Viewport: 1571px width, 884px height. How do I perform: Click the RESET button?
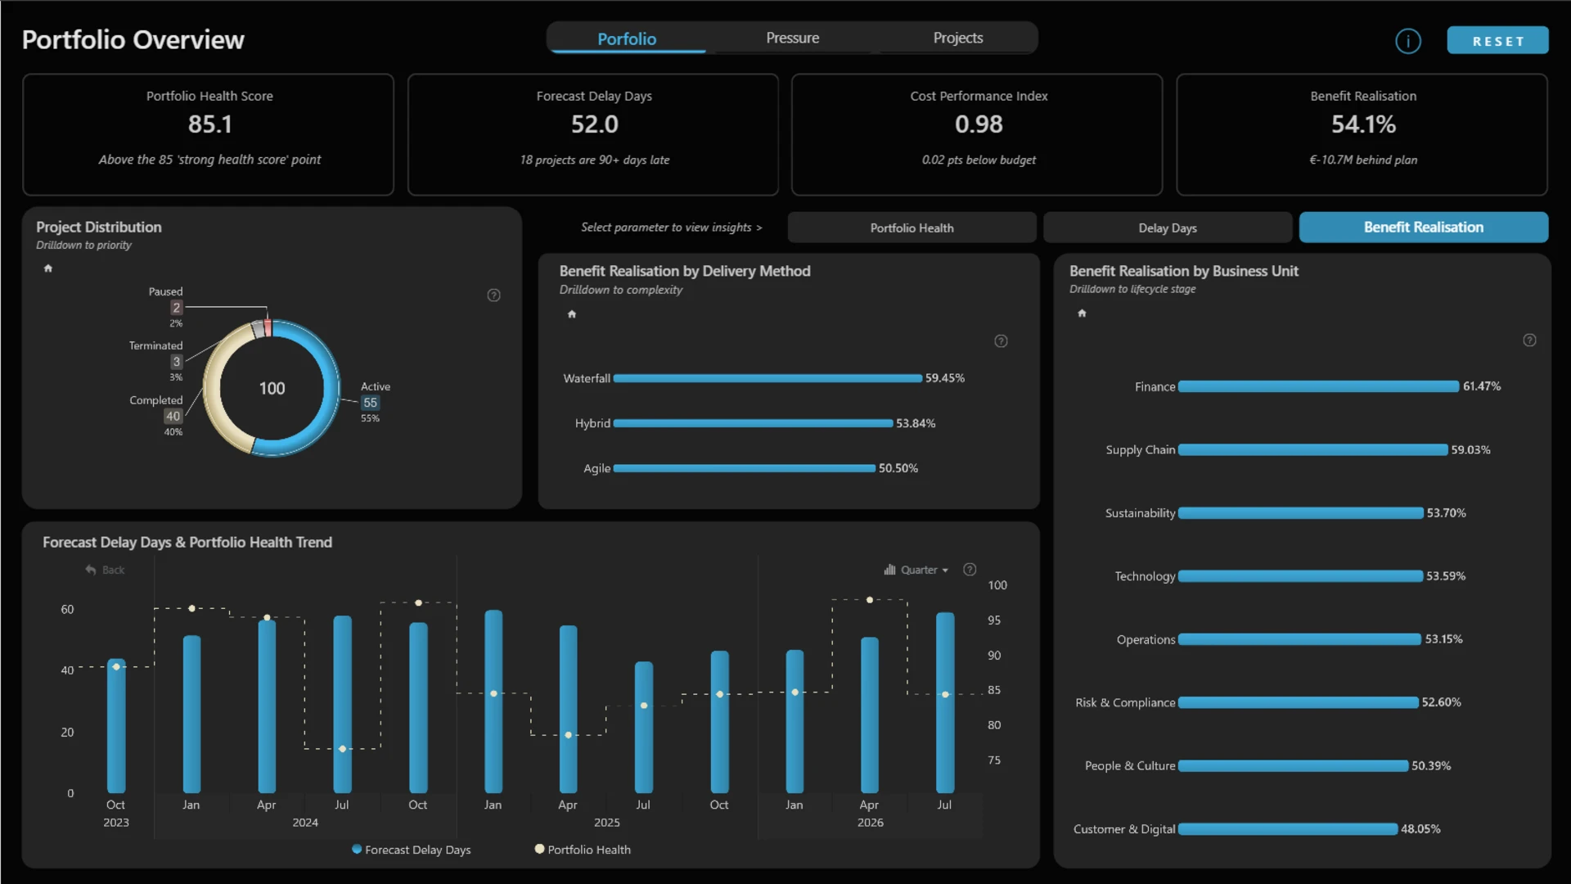click(1497, 40)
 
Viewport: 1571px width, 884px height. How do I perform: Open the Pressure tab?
click(792, 38)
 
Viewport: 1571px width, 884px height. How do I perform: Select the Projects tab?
click(958, 38)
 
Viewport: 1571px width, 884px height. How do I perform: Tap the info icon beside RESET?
click(1408, 41)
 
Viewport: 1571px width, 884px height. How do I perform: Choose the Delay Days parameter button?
click(1168, 228)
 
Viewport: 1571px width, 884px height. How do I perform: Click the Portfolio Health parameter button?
click(912, 228)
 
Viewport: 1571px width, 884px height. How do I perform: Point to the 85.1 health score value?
click(210, 124)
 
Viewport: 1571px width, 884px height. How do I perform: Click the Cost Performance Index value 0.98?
click(979, 124)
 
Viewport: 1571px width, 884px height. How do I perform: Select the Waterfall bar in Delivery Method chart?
click(767, 378)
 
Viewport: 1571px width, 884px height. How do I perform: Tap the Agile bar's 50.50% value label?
click(898, 468)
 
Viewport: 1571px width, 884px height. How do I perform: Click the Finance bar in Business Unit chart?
click(1318, 386)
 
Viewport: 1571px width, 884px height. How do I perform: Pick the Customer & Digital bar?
click(1288, 829)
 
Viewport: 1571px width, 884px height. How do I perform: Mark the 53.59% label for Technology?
click(1446, 576)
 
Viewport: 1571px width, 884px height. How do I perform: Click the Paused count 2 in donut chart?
click(176, 308)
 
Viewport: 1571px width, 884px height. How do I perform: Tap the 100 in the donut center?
click(272, 389)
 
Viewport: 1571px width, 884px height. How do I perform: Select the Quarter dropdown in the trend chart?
click(916, 570)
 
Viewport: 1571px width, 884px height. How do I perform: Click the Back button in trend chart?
click(106, 570)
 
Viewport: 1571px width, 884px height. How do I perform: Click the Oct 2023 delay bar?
click(116, 726)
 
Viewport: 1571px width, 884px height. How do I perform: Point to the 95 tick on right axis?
click(994, 620)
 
